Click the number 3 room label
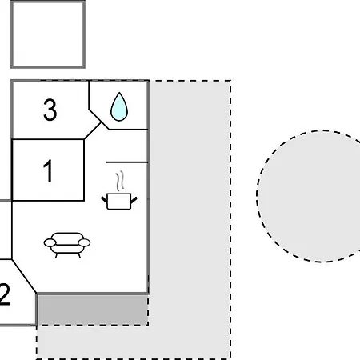coord(50,110)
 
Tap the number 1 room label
coord(48,170)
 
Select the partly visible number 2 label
coord(5,294)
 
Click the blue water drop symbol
coord(119,106)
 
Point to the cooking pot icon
coord(119,202)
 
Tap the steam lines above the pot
coord(120,181)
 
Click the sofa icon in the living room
coord(67,245)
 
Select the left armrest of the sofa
coord(50,242)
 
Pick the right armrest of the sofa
coord(84,242)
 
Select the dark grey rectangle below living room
coord(93,310)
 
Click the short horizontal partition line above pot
coord(127,162)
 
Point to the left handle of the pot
coord(104,200)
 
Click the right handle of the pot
coord(134,200)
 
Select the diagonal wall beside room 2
coord(24,276)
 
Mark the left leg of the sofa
coord(56,255)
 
